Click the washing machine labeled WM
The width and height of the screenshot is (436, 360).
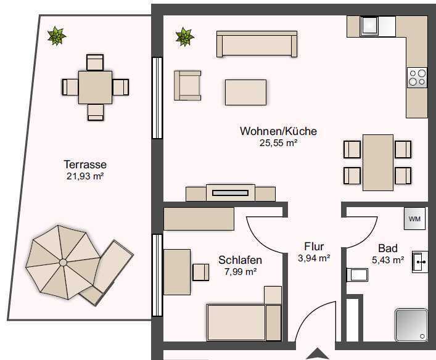point(414,218)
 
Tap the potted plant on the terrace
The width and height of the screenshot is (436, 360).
point(57,36)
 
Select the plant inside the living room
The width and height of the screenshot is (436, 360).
point(185,36)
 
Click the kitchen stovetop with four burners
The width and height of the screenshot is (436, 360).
point(417,78)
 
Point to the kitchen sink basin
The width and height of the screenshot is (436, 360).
point(369,25)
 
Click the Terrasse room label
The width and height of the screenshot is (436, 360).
point(85,165)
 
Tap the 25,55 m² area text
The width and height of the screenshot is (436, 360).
point(278,143)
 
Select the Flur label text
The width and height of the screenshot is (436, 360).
point(314,247)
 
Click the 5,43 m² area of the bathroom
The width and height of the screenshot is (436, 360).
point(388,260)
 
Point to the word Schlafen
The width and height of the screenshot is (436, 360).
point(241,260)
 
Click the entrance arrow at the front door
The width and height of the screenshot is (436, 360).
point(317,354)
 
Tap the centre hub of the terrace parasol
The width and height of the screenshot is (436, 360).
point(63,263)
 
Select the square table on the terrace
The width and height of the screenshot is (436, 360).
point(95,88)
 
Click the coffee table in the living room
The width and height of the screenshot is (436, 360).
point(245,92)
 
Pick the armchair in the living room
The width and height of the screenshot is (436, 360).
point(187,85)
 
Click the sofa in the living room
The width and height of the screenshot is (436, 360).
point(257,44)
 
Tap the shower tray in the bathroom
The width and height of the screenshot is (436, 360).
point(411,325)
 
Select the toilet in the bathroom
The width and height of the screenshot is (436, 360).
point(357,275)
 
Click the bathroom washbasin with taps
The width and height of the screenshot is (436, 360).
point(420,261)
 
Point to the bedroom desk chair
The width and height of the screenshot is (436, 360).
point(200,272)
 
